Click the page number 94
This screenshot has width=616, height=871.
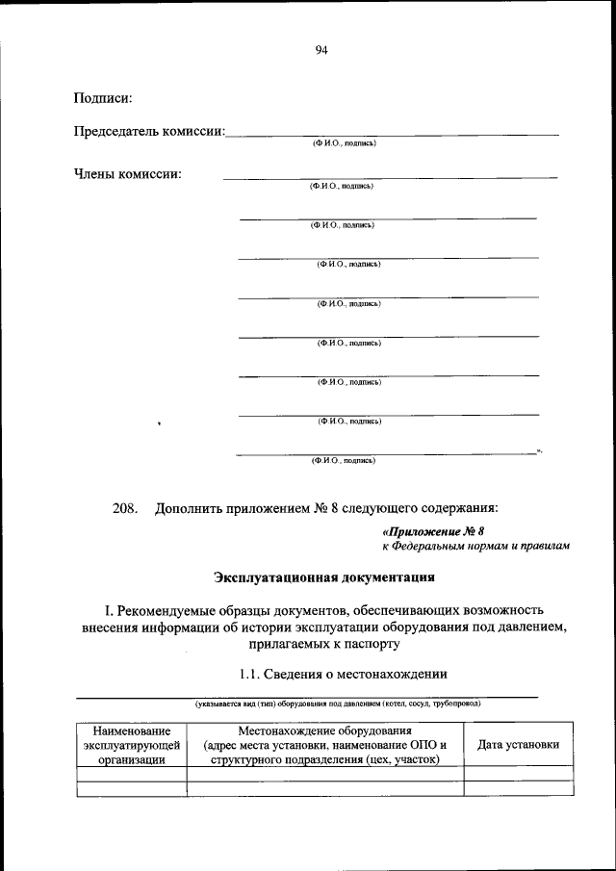(x=321, y=51)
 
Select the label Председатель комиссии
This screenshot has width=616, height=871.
(x=149, y=130)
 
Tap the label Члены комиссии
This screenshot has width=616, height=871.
(x=128, y=174)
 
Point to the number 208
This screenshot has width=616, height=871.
(x=126, y=506)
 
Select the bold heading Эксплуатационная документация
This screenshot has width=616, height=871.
(x=323, y=578)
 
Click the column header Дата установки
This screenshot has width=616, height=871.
(x=518, y=745)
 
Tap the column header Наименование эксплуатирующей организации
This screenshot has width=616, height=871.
(x=132, y=745)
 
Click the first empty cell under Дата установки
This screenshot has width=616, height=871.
(x=518, y=772)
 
